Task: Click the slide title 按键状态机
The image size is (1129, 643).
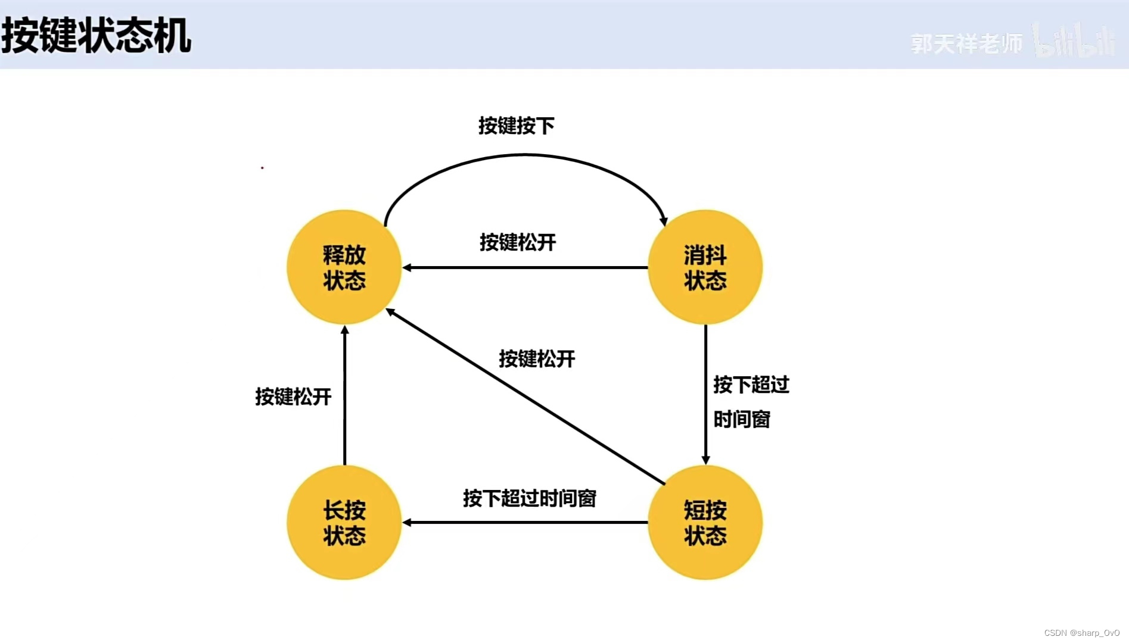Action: pos(97,36)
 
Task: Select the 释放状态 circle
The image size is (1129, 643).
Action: pos(344,267)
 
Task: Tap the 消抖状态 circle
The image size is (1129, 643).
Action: pos(705,267)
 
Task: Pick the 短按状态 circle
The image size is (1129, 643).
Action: pos(705,522)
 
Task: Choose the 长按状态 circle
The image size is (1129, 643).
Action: pos(344,522)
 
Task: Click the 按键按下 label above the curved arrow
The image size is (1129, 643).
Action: pos(516,126)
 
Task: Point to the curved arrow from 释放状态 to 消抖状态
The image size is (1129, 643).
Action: pos(524,155)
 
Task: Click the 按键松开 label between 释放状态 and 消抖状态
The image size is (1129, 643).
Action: pos(517,242)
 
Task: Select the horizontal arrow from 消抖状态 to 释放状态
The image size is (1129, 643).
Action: pos(524,268)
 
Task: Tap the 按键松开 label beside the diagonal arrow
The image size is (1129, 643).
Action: pos(536,358)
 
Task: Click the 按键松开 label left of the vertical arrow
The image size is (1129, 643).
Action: pos(293,397)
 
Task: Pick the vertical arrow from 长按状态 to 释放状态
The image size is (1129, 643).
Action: pos(344,396)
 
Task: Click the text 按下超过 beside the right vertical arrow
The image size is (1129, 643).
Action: pos(751,385)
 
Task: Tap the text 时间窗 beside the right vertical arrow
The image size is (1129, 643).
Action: pos(741,419)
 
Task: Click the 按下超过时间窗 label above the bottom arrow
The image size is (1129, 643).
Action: pos(529,498)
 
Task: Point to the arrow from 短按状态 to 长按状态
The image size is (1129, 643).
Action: pos(524,523)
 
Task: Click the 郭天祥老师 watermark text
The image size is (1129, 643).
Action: pos(966,43)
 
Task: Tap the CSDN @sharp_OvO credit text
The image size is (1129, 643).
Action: pos(1081,633)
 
